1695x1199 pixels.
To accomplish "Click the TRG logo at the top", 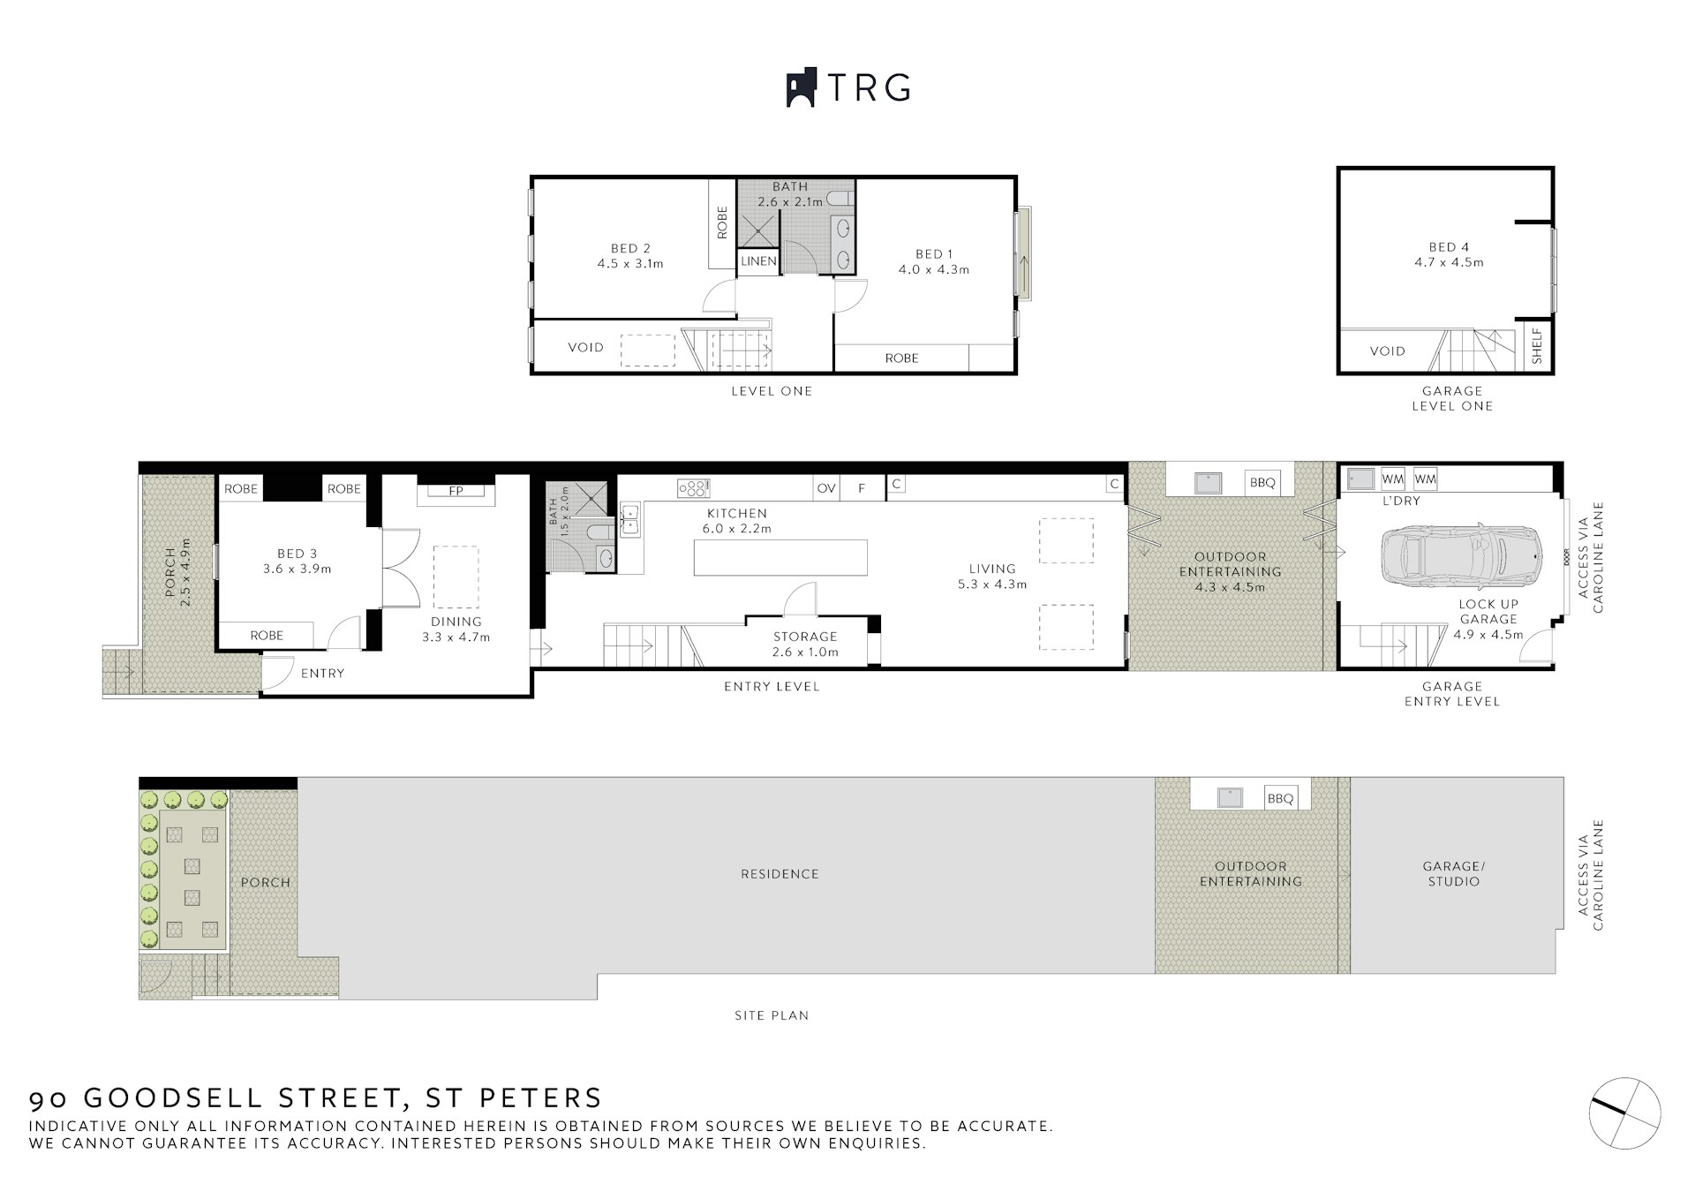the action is (x=847, y=87).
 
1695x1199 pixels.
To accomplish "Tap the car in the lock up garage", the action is (x=1462, y=555).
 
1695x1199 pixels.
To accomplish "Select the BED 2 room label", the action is (x=630, y=248).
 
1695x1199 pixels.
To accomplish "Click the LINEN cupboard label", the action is (x=758, y=261).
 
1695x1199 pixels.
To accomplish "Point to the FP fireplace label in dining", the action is (x=456, y=491).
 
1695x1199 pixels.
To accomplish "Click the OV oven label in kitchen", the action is (x=826, y=487).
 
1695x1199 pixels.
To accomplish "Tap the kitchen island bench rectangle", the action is (x=780, y=558).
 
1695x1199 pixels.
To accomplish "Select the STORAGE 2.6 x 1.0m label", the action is (x=805, y=644).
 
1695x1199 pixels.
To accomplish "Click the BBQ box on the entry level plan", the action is (x=1262, y=482).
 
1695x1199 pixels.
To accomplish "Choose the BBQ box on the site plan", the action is (x=1280, y=798).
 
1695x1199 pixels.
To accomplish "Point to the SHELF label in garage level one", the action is (x=1537, y=346).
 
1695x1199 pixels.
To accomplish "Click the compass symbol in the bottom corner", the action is (x=1624, y=1113).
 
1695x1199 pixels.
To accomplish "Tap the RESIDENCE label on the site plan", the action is (x=780, y=874).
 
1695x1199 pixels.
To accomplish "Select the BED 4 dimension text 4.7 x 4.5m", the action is (x=1449, y=262).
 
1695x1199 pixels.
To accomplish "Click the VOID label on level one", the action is (x=585, y=347).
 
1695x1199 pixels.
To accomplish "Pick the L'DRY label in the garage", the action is (x=1401, y=501).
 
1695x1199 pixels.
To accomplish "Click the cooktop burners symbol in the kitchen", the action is (x=693, y=487).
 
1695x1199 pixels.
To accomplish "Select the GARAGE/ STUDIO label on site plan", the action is (x=1454, y=874).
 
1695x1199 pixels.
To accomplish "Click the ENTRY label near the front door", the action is (x=322, y=673).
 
